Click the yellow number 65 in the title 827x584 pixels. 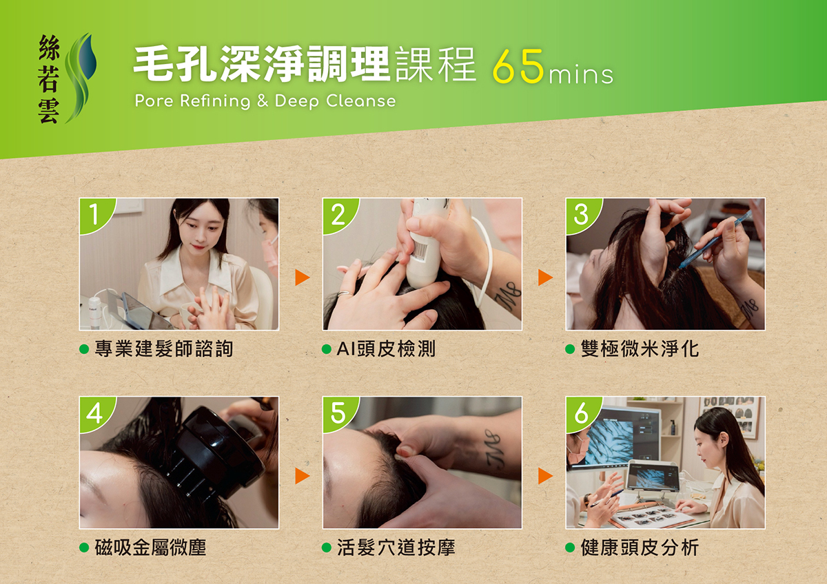[518, 66]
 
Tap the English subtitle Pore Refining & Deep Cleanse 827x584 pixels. [265, 101]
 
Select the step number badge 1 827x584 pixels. [95, 215]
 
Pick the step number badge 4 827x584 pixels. [95, 413]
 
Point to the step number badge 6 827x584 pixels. [581, 413]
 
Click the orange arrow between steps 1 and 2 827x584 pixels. [302, 278]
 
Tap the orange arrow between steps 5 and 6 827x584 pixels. [545, 476]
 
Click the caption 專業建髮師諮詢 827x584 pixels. [164, 348]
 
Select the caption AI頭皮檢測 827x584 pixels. [386, 348]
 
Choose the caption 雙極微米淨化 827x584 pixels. [640, 348]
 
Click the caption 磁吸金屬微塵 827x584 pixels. [150, 547]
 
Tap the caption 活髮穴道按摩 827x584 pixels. [396, 547]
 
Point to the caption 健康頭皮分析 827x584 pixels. [640, 547]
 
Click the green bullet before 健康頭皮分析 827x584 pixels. [570, 547]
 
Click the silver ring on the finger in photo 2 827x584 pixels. [344, 294]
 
